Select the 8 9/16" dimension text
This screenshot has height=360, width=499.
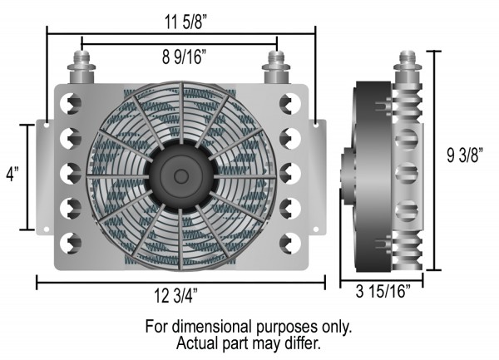(x=180, y=57)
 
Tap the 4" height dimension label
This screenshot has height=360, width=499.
(x=11, y=176)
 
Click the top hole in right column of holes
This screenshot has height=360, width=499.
(x=289, y=104)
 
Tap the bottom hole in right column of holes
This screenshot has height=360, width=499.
(x=289, y=242)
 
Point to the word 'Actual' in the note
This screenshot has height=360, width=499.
(x=196, y=342)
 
